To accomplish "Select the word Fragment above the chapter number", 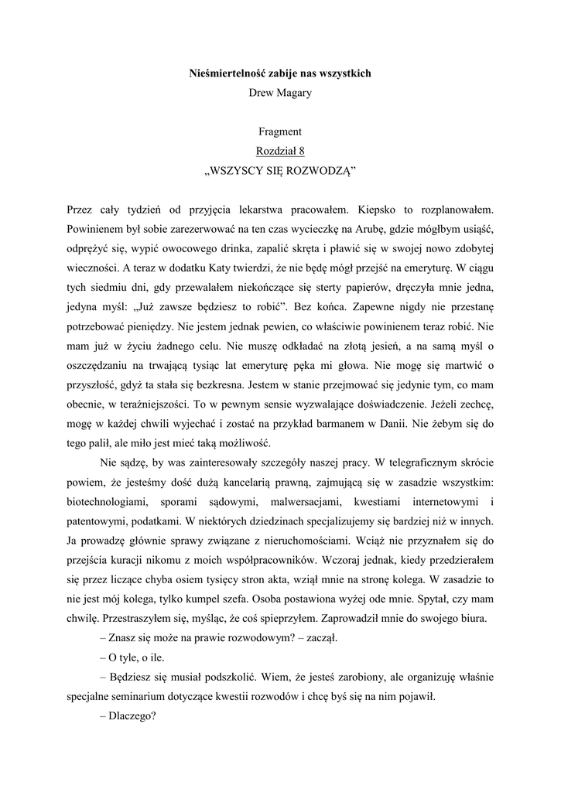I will click(x=280, y=132).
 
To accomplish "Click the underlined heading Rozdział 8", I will click(x=280, y=152).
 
